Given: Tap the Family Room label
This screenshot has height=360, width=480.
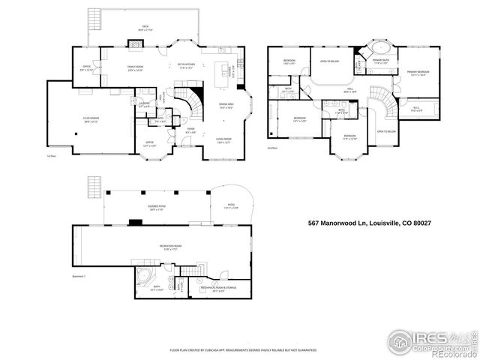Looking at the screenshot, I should [135, 70].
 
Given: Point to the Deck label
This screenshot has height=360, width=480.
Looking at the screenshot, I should [146, 28].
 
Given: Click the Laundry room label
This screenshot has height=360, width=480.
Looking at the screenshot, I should [146, 104].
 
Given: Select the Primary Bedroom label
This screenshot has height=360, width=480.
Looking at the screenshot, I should [418, 73].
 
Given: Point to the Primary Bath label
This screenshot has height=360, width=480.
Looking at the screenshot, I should [382, 62].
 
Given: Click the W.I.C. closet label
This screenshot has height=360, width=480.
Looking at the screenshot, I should [416, 109].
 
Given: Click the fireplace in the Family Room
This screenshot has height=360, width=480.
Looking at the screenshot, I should [135, 44].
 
